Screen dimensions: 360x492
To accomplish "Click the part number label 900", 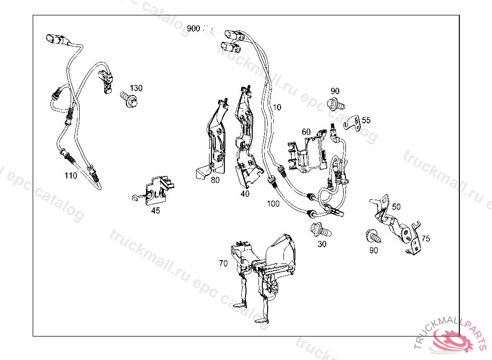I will pyautogui.click(x=194, y=29).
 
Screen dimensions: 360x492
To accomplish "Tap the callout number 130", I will pyautogui.click(x=136, y=88).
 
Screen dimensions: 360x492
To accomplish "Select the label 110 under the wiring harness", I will pyautogui.click(x=71, y=176).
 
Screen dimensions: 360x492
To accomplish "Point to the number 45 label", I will pyautogui.click(x=156, y=210).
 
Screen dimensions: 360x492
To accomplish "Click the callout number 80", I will pyautogui.click(x=215, y=180).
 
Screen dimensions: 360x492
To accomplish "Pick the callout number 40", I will pyautogui.click(x=245, y=194).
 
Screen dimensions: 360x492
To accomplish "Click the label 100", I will pyautogui.click(x=273, y=204).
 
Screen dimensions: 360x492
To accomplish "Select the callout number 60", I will pyautogui.click(x=306, y=132).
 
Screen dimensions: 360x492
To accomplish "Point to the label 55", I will pyautogui.click(x=366, y=120).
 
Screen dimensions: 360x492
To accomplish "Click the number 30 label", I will pyautogui.click(x=322, y=244).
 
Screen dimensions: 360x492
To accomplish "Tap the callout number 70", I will pyautogui.click(x=223, y=263).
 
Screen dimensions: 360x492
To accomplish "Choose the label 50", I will pyautogui.click(x=396, y=206).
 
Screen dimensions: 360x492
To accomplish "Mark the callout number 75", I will pyautogui.click(x=426, y=239).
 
